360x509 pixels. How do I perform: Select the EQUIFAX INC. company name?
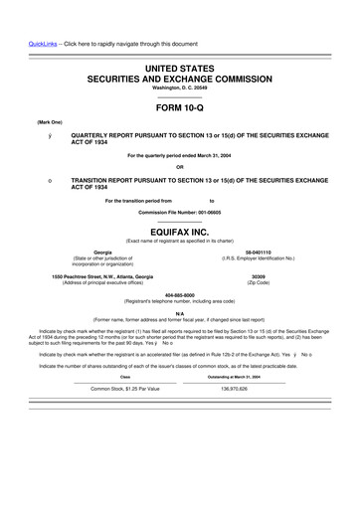point(180,229)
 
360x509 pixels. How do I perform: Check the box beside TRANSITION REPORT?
point(36,181)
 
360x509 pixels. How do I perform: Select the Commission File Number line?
point(180,212)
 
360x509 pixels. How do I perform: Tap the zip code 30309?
point(259,275)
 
